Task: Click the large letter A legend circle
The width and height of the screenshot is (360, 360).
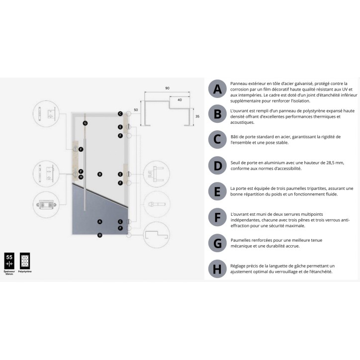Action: (217, 90)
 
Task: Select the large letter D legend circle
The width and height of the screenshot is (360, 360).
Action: (217, 165)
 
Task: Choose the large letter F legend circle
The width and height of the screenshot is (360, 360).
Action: (217, 217)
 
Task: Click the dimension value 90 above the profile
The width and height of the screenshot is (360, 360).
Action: (167, 88)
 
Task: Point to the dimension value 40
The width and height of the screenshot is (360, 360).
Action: (179, 100)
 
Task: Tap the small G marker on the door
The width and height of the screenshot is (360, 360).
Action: (85, 123)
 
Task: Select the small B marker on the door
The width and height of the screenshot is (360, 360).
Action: (100, 174)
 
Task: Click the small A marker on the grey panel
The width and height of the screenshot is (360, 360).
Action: (100, 221)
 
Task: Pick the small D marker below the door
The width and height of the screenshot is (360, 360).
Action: (100, 235)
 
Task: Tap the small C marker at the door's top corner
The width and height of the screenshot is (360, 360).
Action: (120, 113)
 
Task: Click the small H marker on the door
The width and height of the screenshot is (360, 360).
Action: (81, 177)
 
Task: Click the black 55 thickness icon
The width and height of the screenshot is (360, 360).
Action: (9, 260)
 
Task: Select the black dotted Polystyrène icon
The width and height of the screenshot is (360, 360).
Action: (25, 260)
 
